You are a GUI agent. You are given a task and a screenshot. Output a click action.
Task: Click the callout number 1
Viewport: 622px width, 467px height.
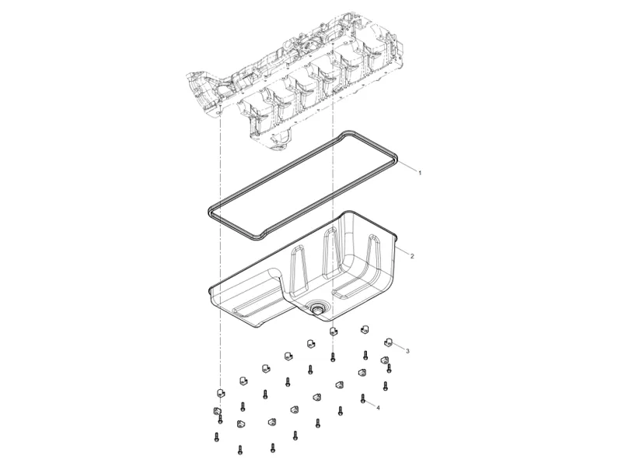(420, 172)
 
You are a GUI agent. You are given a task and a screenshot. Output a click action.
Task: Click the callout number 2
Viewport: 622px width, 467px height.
(412, 256)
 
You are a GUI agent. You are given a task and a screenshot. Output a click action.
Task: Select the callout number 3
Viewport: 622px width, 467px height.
(407, 351)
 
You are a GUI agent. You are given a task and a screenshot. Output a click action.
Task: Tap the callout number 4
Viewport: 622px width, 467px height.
(378, 408)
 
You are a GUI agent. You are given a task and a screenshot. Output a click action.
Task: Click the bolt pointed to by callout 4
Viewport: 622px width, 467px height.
(364, 399)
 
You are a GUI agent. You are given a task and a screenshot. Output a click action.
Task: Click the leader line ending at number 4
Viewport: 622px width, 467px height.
(371, 403)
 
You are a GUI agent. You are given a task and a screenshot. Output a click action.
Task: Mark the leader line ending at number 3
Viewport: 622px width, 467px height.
(400, 346)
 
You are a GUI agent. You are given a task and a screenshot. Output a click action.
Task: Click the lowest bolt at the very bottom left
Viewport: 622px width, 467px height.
(215, 438)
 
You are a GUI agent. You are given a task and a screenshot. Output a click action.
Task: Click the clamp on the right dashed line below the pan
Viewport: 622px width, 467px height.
(334, 330)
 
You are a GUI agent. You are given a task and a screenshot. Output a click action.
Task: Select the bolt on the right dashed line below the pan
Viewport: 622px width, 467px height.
(333, 357)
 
